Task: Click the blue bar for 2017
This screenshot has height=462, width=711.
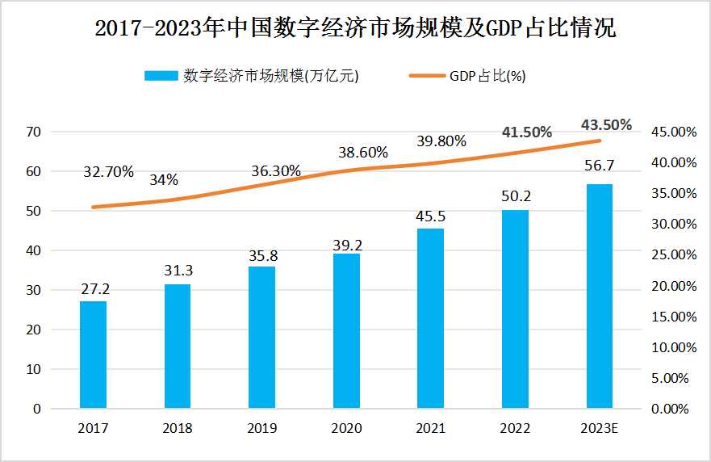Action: (x=93, y=355)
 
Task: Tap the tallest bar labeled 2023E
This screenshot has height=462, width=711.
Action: (x=599, y=296)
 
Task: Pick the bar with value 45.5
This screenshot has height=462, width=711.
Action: (x=430, y=318)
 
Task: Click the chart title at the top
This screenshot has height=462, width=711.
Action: (x=355, y=30)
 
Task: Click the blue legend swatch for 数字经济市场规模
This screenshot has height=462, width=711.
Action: (x=161, y=76)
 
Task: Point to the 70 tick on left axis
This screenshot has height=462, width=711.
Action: (x=34, y=132)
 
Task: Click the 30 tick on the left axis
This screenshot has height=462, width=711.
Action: (x=34, y=290)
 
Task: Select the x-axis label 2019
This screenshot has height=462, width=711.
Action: (x=261, y=429)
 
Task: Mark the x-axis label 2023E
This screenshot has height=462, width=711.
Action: (x=599, y=429)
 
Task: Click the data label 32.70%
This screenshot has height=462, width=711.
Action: (x=108, y=172)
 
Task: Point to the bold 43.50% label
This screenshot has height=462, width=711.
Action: (x=606, y=124)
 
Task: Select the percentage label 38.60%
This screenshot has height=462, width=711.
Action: (x=362, y=152)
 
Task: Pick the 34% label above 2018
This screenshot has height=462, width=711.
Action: (x=164, y=180)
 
